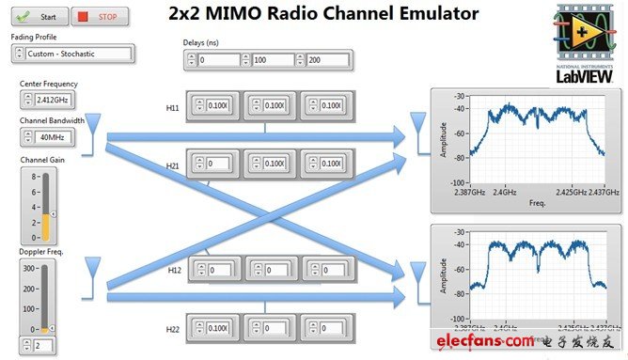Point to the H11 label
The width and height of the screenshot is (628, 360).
tap(172, 108)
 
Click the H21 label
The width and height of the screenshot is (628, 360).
tap(172, 165)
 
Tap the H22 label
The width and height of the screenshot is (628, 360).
tap(173, 329)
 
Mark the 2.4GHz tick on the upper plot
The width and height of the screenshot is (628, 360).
tap(505, 189)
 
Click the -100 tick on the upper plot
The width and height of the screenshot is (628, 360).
tap(458, 182)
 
